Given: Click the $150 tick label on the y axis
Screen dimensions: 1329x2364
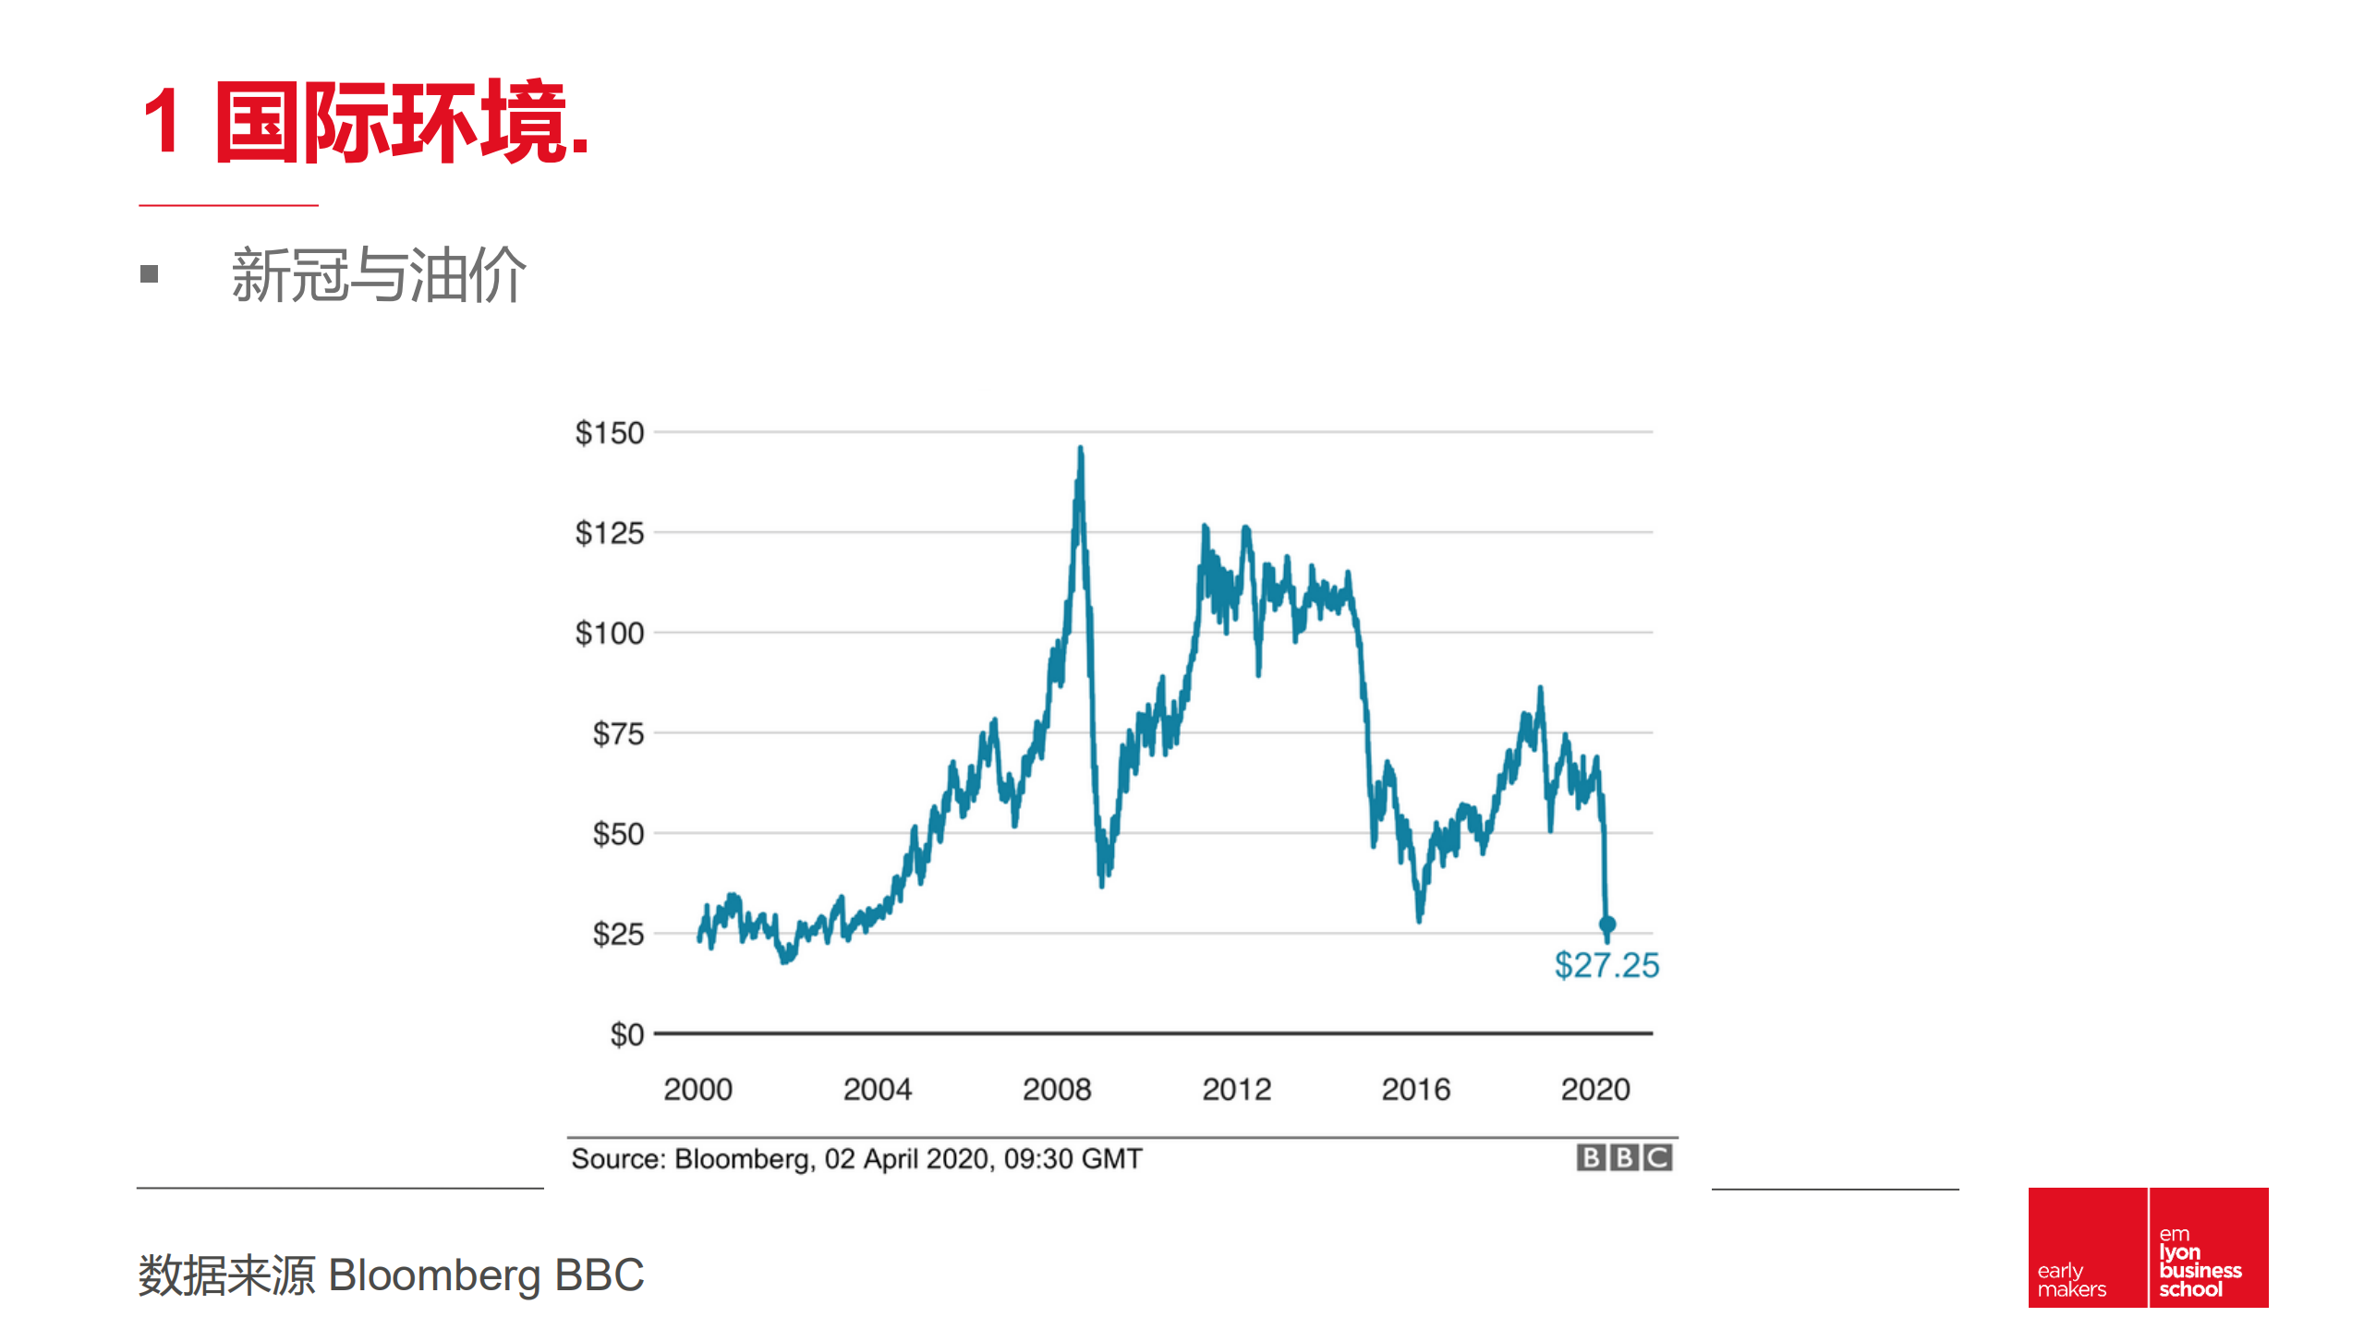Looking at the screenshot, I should click(x=609, y=432).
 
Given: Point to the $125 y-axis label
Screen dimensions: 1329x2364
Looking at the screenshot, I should click(x=609, y=533).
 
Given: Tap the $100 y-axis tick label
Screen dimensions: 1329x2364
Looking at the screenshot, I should click(x=609, y=634).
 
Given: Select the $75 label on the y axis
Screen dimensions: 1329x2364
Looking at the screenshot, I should click(x=617, y=734).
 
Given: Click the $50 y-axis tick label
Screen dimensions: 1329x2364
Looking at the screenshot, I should click(x=617, y=834).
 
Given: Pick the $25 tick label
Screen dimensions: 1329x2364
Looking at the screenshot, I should click(x=617, y=934).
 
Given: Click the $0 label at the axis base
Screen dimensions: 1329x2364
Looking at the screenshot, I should click(x=626, y=1034).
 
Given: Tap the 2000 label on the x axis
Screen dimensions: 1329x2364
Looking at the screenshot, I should click(x=697, y=1090).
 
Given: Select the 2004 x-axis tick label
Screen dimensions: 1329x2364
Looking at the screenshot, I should click(x=877, y=1090).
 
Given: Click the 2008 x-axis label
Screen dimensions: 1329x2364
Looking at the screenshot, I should click(x=1056, y=1090).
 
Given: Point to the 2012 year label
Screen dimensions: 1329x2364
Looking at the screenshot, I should click(x=1236, y=1090).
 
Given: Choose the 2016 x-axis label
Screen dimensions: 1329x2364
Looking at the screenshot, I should click(x=1415, y=1090).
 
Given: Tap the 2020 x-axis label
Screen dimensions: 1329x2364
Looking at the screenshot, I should click(x=1594, y=1090).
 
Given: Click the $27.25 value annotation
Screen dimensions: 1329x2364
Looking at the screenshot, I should click(x=1606, y=966).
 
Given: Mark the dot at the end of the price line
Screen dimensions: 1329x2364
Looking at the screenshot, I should click(x=1606, y=924).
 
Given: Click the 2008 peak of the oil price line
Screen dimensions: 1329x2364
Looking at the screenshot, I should click(x=1080, y=450).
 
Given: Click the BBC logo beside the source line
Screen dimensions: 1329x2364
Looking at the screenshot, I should click(x=1623, y=1157).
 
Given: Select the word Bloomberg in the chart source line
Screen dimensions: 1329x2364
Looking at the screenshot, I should click(x=744, y=1159).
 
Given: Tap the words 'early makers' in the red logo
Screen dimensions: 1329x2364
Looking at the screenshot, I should click(x=2071, y=1279).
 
